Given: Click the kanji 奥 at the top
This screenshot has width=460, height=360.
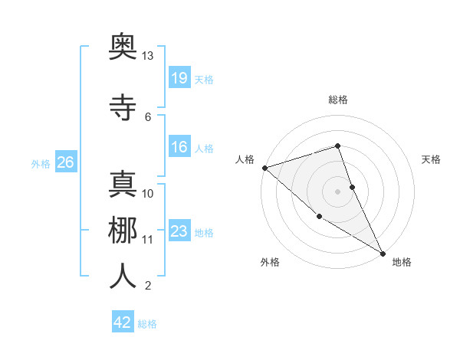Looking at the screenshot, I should click(123, 48).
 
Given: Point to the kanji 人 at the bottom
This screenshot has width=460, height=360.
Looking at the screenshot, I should click(123, 276).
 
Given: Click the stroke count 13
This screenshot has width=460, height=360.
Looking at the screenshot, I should click(148, 56).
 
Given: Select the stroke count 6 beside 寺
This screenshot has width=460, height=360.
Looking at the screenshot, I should click(148, 116).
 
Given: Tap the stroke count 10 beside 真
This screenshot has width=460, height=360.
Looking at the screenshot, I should click(148, 193).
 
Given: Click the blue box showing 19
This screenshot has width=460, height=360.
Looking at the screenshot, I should click(179, 77).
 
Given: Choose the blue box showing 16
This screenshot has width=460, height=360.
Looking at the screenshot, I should click(179, 147).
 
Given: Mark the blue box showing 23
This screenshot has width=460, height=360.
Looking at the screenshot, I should click(179, 231).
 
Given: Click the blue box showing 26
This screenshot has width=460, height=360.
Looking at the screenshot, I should click(65, 162).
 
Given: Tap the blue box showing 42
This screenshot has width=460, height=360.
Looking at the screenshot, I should click(123, 322).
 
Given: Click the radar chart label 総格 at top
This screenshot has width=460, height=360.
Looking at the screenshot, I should click(338, 100).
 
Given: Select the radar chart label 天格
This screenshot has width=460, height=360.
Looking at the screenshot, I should click(432, 159).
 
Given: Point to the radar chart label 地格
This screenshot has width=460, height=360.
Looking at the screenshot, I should click(402, 262).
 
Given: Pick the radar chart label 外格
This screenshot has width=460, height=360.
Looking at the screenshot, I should click(270, 262).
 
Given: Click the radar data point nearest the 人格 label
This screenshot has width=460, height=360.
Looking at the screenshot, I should click(264, 168).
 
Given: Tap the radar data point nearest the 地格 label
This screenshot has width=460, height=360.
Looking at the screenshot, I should click(383, 253).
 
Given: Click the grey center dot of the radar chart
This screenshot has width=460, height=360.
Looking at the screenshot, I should click(337, 191).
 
